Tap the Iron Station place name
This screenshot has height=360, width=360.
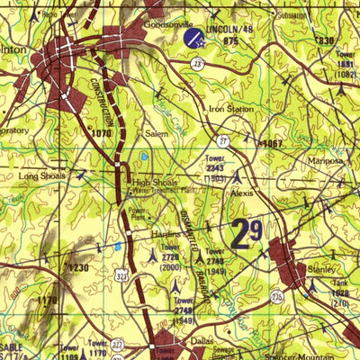pyautogui.click(x=231, y=109)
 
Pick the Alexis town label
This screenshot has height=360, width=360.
pyautogui.click(x=242, y=193)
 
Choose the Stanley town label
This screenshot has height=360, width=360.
pyautogui.click(x=321, y=269)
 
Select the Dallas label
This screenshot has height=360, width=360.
pyautogui.click(x=202, y=342)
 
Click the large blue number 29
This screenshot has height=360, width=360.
pyautogui.click(x=247, y=233)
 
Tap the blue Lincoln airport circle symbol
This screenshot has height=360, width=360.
pyautogui.click(x=193, y=38)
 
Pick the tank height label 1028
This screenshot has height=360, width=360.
pyautogui.click(x=340, y=293)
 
